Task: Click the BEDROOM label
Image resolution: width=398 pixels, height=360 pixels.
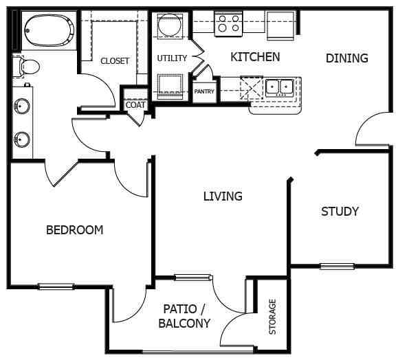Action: [74, 229]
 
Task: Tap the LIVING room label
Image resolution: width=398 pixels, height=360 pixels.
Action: [223, 196]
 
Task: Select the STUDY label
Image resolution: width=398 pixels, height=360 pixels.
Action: [340, 211]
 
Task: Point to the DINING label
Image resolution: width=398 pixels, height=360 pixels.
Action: [346, 58]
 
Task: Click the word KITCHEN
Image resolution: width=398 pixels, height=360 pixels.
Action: [255, 56]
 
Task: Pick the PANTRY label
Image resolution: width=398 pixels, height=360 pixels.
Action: [204, 91]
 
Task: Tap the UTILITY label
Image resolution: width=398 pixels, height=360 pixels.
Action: [171, 58]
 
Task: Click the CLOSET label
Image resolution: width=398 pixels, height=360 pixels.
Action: [115, 61]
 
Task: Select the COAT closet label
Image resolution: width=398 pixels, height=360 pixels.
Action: [135, 105]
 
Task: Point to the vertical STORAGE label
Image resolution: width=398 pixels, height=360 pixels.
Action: [273, 317]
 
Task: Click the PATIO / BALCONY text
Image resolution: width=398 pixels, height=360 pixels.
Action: [184, 316]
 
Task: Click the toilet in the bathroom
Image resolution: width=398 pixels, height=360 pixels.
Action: [27, 66]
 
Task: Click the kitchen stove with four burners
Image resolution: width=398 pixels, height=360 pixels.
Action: [230, 25]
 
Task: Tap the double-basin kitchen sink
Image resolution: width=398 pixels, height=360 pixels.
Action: [278, 87]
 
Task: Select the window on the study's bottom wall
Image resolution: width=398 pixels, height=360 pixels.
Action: [337, 267]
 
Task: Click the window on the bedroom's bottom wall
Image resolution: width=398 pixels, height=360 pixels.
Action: [56, 286]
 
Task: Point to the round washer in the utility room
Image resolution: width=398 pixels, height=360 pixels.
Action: [168, 27]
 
